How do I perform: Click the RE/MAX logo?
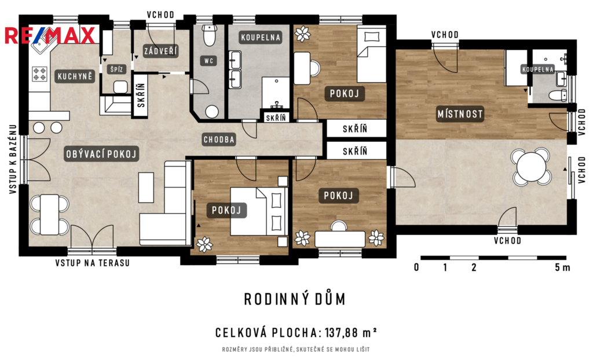50,35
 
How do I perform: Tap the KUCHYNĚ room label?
75,76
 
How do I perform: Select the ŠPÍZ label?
116,69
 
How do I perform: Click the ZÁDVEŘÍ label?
161,51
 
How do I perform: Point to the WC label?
208,61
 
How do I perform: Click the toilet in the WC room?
208,35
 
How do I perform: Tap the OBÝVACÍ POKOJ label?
101,154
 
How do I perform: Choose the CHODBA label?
219,139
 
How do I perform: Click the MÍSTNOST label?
460,114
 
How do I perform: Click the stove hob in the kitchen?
40,74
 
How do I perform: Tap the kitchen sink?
42,45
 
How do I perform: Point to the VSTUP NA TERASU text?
92,263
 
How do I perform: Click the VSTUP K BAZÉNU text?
13,159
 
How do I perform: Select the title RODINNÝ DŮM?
295,299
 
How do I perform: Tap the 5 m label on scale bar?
562,267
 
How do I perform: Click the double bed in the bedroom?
259,211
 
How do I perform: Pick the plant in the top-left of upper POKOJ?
302,34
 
